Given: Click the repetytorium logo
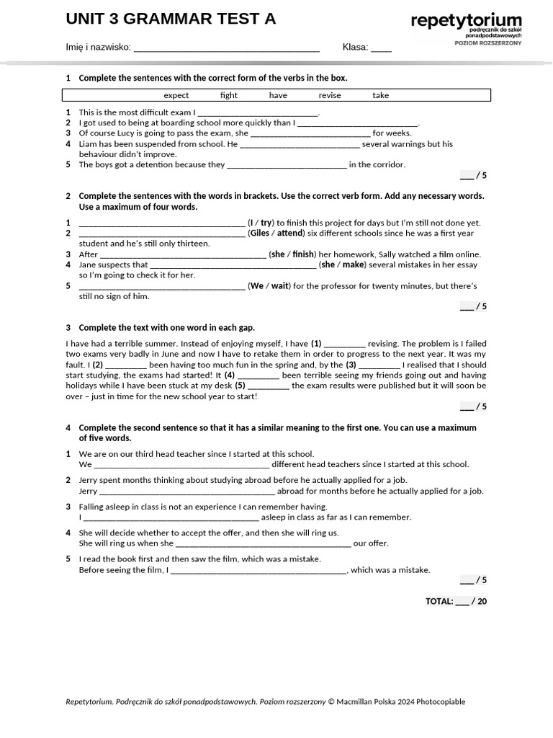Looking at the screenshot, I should [x=466, y=22].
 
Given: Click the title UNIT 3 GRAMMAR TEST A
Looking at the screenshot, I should [x=171, y=19].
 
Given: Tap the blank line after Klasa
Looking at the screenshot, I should [x=381, y=48].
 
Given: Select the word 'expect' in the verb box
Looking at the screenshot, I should [x=176, y=95].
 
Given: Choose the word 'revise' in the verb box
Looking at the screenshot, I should [x=330, y=95].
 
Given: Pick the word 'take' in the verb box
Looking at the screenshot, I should [x=380, y=95].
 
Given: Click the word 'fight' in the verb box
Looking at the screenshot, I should [x=229, y=95].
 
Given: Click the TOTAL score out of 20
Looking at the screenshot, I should [x=456, y=601].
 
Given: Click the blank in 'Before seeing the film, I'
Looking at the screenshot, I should [x=258, y=570].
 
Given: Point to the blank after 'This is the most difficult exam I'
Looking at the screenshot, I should [x=257, y=113].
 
